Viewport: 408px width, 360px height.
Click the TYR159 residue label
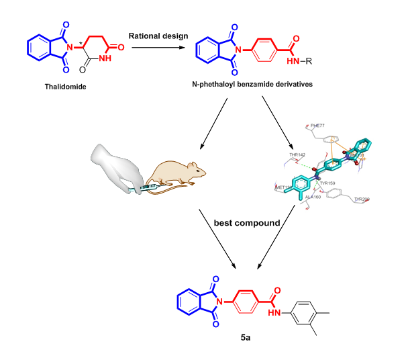tap(327, 183)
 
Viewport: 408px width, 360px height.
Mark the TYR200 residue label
tap(362, 199)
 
